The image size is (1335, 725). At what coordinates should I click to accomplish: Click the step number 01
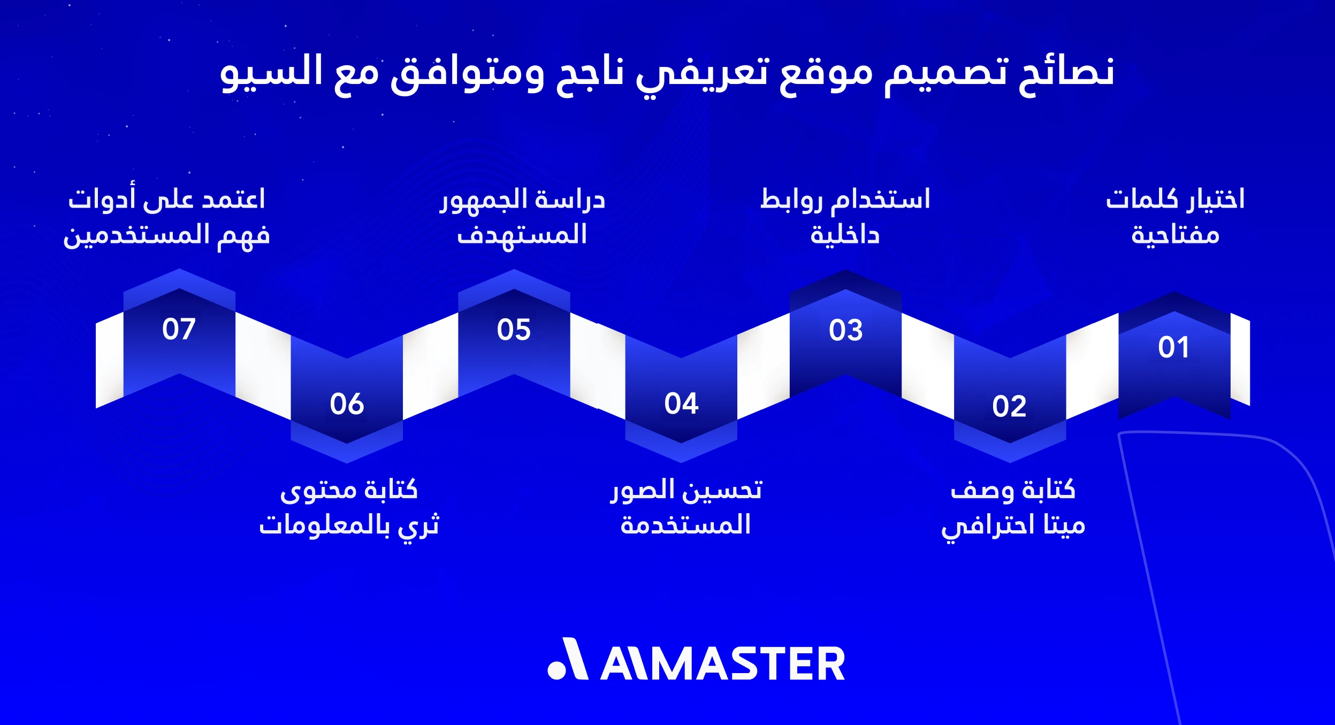tap(1173, 347)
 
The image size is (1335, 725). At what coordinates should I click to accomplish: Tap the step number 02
tap(1009, 406)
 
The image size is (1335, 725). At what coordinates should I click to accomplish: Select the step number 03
tap(845, 330)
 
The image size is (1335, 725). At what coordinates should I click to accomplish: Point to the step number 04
tap(681, 403)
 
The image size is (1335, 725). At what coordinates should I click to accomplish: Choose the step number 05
tap(514, 330)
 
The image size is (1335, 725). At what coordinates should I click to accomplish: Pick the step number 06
tap(347, 404)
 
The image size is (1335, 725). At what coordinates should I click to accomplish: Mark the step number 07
tap(179, 329)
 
